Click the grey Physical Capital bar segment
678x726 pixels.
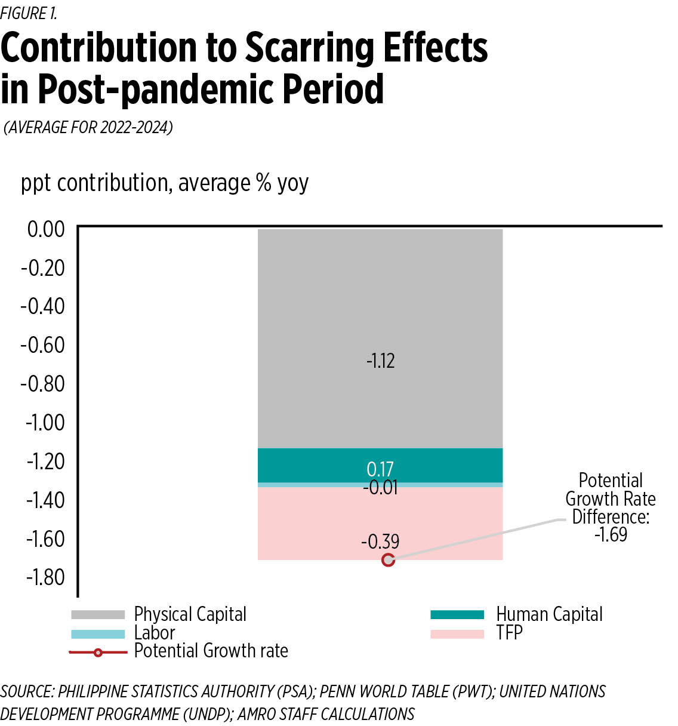click(x=380, y=299)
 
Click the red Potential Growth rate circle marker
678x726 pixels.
click(x=389, y=560)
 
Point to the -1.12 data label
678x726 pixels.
click(x=381, y=361)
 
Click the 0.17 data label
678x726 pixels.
click(x=380, y=469)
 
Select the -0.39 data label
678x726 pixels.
click(x=380, y=542)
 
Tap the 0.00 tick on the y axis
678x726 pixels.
click(x=46, y=229)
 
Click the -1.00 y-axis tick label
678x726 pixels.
click(x=45, y=423)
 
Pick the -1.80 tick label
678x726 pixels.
click(x=45, y=577)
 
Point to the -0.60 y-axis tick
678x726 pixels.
click(x=43, y=345)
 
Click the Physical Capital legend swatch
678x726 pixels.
click(x=98, y=614)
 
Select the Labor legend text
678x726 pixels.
click(x=155, y=633)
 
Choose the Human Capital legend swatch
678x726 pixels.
click(x=457, y=614)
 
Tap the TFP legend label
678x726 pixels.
click(x=509, y=633)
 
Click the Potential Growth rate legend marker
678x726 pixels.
click(x=98, y=653)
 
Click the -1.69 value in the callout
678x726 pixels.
click(x=611, y=534)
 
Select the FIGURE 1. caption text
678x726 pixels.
click(x=29, y=13)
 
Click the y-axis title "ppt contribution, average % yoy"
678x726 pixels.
click(x=165, y=183)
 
